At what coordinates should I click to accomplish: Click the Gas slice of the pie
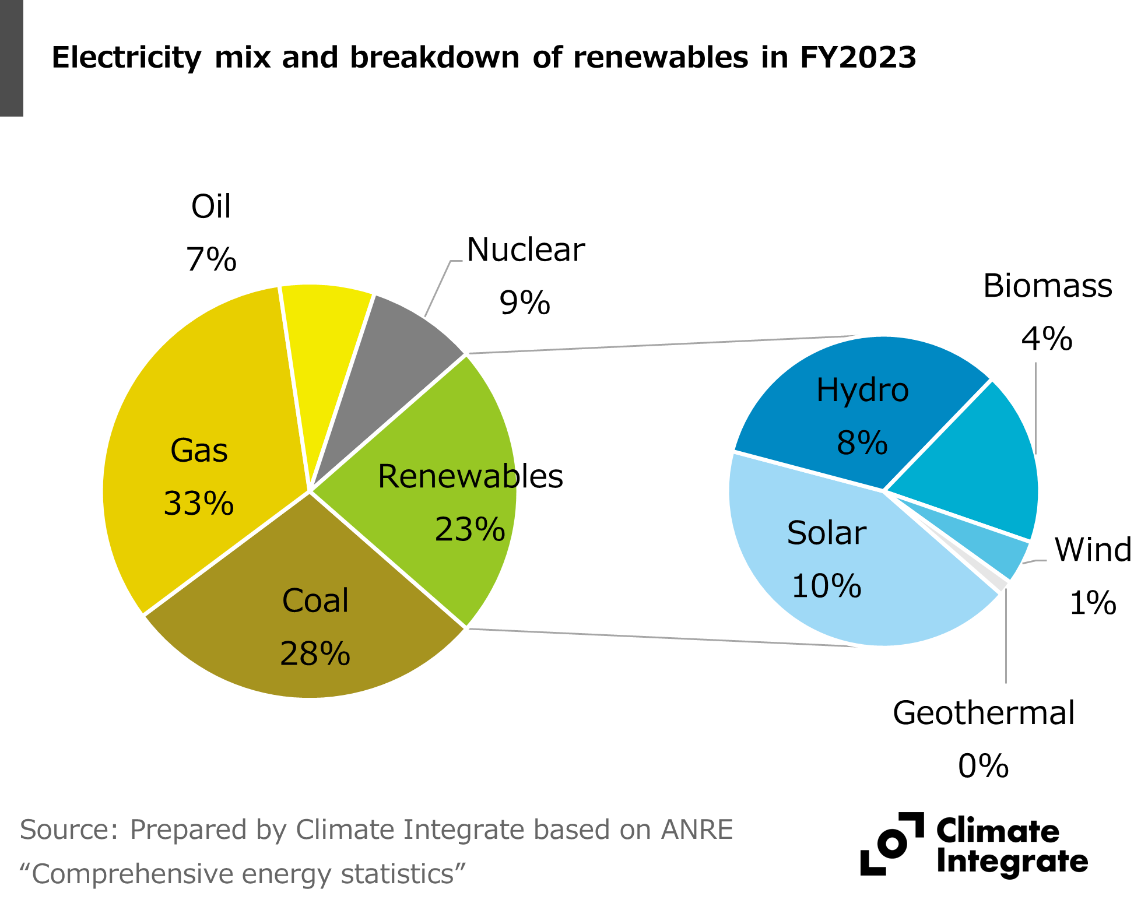pyautogui.click(x=198, y=408)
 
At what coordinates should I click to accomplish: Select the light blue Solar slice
pyautogui.click(x=828, y=560)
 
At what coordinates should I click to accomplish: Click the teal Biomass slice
pyautogui.click(x=979, y=466)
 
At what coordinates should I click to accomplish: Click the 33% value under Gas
pyautogui.click(x=199, y=504)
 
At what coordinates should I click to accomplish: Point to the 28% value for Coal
pyautogui.click(x=315, y=653)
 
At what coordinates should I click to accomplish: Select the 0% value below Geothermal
pyautogui.click(x=983, y=766)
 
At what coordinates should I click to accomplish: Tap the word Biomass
pyautogui.click(x=1047, y=286)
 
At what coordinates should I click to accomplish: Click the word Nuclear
pyautogui.click(x=525, y=250)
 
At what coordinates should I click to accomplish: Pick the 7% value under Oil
pyautogui.click(x=211, y=259)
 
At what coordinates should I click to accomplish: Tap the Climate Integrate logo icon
pyautogui.click(x=892, y=844)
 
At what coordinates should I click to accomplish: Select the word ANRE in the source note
pyautogui.click(x=697, y=830)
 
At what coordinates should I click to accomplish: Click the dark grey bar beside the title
pyautogui.click(x=11, y=58)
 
